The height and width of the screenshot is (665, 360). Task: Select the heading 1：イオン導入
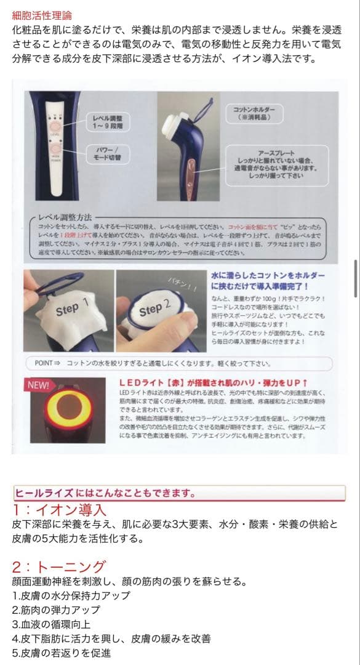(x=60, y=510)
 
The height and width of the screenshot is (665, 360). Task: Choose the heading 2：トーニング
(x=59, y=566)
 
